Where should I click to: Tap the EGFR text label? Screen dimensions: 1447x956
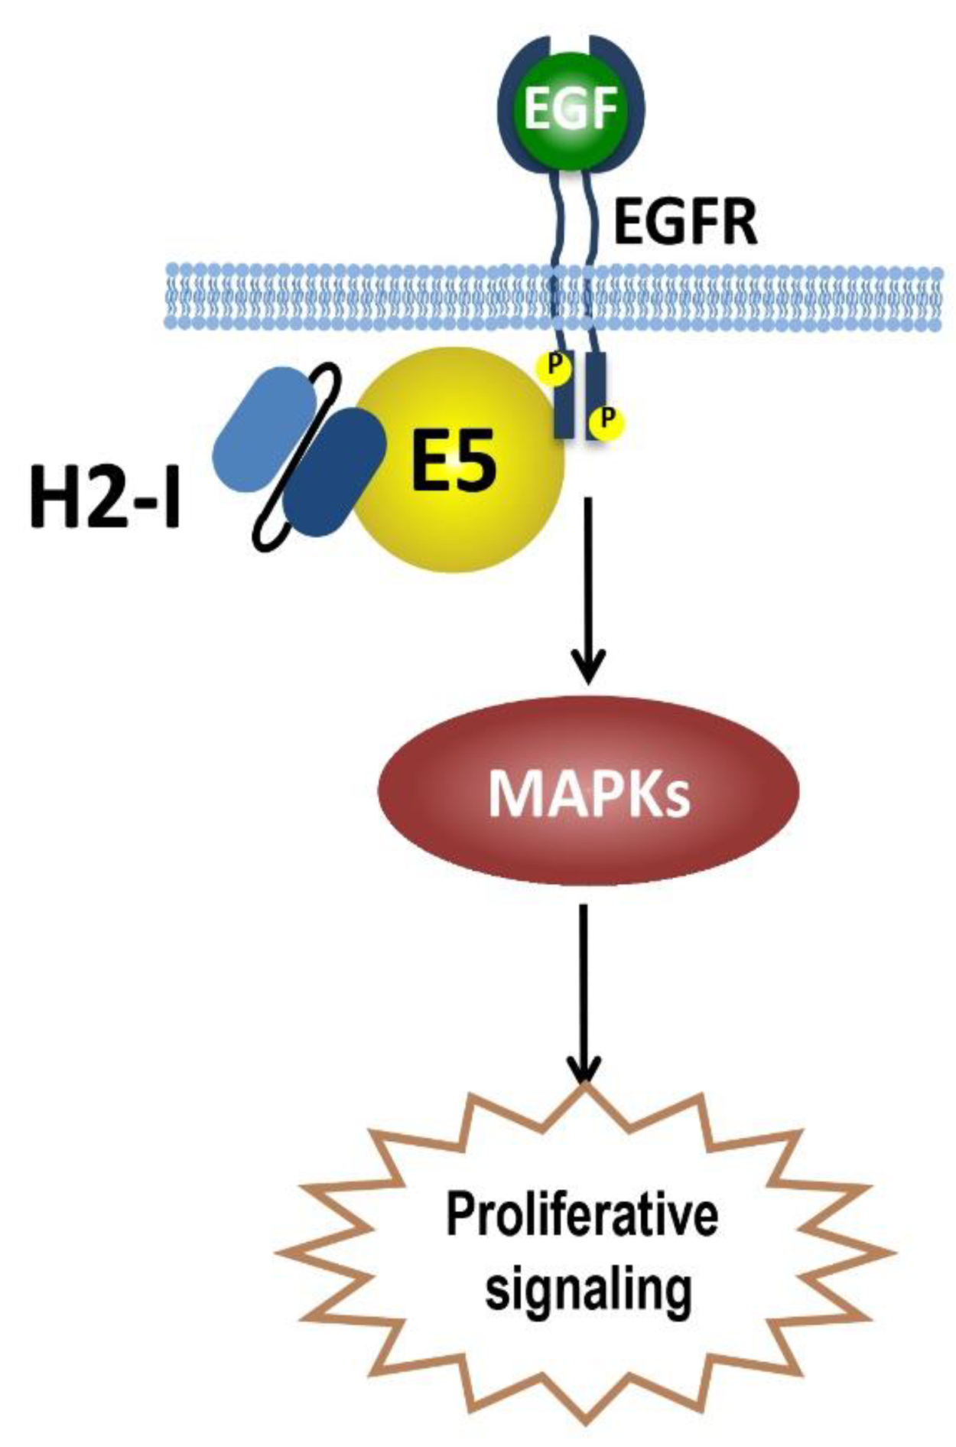click(685, 221)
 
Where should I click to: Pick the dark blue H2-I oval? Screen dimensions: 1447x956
click(334, 473)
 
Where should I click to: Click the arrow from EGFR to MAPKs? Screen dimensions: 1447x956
click(587, 589)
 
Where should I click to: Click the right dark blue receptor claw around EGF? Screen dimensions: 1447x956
click(635, 115)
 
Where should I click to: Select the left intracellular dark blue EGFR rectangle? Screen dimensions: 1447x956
click(564, 406)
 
